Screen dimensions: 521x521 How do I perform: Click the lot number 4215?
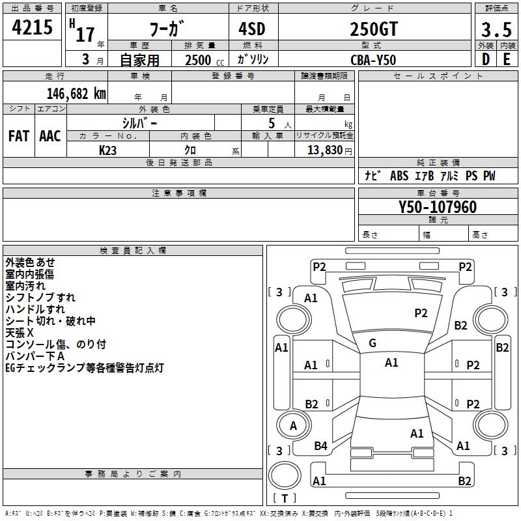32,27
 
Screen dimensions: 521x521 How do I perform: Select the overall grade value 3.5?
496,29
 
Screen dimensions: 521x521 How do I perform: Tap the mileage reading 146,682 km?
76,94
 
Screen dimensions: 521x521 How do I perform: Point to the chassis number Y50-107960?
438,207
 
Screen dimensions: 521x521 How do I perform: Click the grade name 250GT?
374,29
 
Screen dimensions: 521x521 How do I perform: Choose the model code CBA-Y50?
373,60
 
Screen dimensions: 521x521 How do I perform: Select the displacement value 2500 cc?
204,60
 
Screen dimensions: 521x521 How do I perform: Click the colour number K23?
107,150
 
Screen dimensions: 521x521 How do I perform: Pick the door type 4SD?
252,29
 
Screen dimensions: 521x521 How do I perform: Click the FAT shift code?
19,136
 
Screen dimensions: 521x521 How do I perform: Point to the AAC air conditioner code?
50,136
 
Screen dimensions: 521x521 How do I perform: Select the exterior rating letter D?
486,59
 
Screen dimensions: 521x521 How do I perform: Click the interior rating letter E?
507,59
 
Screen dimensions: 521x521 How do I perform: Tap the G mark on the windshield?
373,343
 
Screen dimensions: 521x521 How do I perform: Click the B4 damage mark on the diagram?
320,446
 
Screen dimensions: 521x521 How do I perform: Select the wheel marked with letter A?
293,425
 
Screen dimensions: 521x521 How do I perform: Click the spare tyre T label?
285,498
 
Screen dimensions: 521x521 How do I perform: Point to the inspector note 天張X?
20,333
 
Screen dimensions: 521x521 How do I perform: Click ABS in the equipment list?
399,175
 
